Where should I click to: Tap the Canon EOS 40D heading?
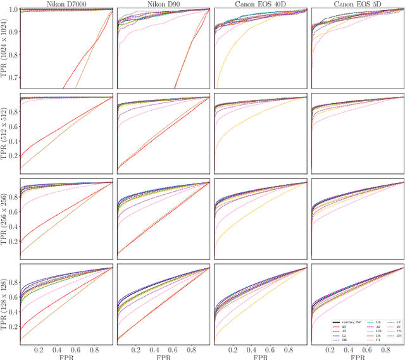(261, 4)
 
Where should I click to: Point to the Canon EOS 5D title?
(358, 4)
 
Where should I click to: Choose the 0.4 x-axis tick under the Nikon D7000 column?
(57, 349)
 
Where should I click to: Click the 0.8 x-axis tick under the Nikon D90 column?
(191, 349)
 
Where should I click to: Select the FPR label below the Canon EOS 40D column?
(261, 356)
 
